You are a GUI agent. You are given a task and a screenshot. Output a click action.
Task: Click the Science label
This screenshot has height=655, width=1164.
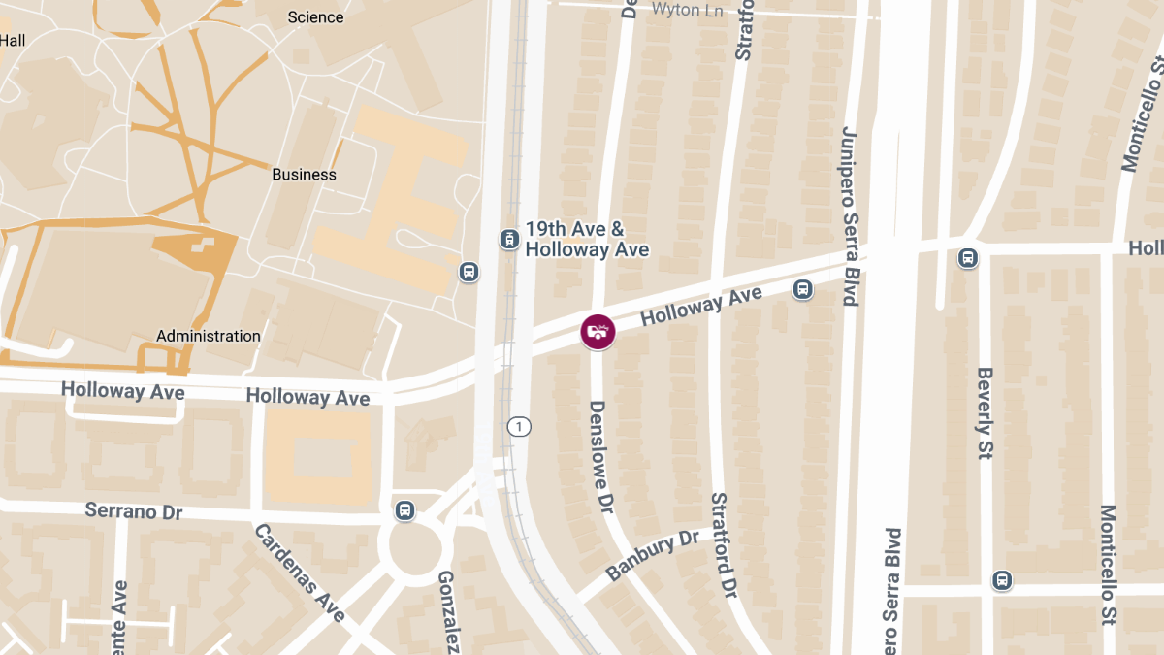(x=316, y=17)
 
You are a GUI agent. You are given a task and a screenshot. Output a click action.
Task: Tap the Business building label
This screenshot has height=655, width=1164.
(x=304, y=175)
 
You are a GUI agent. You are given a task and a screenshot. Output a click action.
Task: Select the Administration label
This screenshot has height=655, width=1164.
(x=209, y=336)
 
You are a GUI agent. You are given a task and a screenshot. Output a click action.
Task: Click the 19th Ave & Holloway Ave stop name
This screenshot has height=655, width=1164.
(x=587, y=240)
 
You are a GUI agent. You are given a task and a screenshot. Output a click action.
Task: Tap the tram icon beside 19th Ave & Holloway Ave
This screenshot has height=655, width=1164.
(x=508, y=239)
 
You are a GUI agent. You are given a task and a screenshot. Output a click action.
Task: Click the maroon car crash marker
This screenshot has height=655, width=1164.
(x=598, y=332)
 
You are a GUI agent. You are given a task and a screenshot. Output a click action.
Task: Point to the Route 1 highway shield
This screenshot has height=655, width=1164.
(x=520, y=426)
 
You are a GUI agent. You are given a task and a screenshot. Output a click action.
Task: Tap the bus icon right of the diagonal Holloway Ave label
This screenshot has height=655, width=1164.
(x=803, y=289)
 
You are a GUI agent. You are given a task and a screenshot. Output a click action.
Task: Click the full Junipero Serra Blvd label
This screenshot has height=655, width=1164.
(x=850, y=215)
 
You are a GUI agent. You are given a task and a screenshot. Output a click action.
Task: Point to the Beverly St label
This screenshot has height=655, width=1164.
(x=986, y=412)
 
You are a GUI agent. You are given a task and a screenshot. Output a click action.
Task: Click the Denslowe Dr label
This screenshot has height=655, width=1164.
(x=601, y=457)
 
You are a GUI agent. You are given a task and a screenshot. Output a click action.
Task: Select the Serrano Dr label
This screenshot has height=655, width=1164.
(x=134, y=509)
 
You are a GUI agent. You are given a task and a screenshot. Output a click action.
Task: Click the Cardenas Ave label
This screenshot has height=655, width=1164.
(x=300, y=573)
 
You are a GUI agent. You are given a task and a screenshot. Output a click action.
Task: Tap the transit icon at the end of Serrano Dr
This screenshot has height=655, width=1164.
(x=404, y=509)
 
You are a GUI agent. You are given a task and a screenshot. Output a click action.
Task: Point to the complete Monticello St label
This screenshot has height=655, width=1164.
(x=1109, y=565)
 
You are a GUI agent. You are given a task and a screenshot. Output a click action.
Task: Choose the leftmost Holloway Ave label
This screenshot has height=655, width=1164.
(x=122, y=390)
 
